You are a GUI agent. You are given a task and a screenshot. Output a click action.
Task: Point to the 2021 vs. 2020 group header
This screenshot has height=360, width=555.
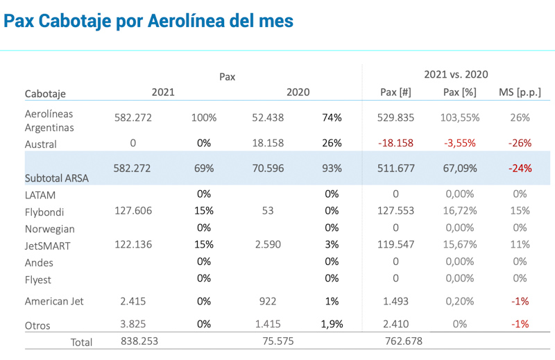(x=456, y=74)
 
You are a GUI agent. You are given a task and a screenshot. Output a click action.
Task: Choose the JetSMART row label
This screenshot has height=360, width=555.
(x=48, y=246)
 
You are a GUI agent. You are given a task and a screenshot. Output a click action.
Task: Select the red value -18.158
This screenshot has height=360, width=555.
(x=395, y=144)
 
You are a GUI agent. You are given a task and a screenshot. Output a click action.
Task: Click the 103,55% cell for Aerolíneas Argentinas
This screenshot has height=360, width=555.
(x=459, y=118)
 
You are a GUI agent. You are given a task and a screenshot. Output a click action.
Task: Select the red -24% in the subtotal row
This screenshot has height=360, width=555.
(x=520, y=168)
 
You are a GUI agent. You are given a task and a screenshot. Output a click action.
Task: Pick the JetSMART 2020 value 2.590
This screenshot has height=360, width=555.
(x=267, y=245)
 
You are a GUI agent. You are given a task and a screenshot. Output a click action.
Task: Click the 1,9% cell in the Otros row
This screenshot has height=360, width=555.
(x=332, y=324)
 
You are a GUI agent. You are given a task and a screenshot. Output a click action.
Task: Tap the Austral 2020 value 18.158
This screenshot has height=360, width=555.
(x=267, y=144)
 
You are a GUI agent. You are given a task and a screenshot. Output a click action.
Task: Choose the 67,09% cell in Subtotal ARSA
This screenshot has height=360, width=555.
(x=459, y=168)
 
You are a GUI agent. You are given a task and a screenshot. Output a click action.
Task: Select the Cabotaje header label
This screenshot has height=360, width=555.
(x=45, y=94)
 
